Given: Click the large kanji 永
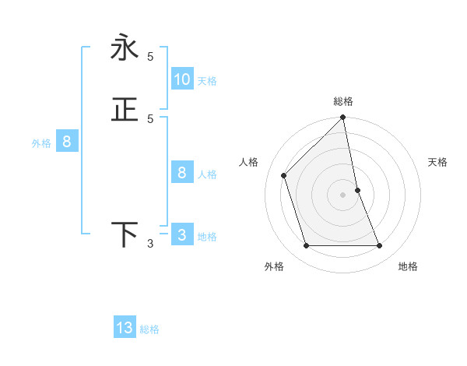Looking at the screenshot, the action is tap(125, 48).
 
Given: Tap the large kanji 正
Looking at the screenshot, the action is tap(125, 110).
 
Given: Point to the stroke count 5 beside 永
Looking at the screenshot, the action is tap(150, 56).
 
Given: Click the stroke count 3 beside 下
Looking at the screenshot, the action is tap(150, 244).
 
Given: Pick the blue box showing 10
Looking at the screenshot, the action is tap(182, 79).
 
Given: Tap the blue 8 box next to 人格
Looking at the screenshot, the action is tap(182, 173).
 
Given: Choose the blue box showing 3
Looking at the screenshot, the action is tap(182, 235).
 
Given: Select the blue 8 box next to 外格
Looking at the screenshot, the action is tap(67, 142).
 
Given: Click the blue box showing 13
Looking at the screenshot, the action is tap(125, 328).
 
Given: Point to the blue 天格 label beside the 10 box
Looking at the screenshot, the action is tap(207, 81).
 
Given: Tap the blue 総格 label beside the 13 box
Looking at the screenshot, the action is tap(149, 329).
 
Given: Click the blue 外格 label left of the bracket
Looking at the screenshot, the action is tap(41, 143).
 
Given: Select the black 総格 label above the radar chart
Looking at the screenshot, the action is tap(343, 101).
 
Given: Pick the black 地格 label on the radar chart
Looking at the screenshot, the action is tap(408, 266).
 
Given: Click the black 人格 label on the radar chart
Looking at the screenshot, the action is tap(249, 162).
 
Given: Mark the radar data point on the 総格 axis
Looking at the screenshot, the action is tap(343, 118).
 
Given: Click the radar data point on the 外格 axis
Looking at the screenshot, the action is tap(307, 246).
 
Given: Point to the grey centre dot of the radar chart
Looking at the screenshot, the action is tap(343, 195).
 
